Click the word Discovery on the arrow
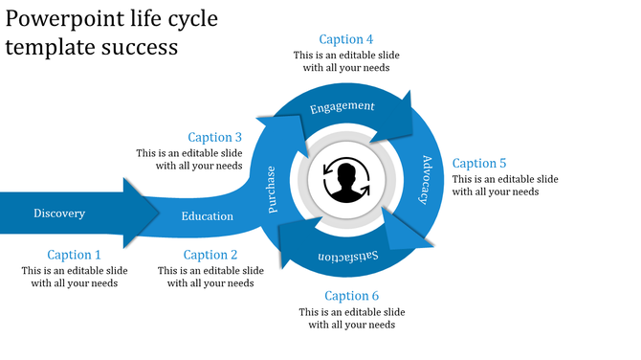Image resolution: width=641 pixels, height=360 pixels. pos(59,214)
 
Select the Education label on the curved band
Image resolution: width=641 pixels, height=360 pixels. pos(208,216)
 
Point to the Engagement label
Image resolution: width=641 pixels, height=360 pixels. pos(343,106)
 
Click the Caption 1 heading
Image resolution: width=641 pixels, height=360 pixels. pos(75,255)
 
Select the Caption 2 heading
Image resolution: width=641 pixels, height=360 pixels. pos(210,255)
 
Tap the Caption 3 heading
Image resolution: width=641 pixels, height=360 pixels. pos(215,137)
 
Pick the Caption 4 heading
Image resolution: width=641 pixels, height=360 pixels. pos(346,39)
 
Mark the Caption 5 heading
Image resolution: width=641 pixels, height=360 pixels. pos(479,163)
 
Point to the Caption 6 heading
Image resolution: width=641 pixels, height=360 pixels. pos(352,296)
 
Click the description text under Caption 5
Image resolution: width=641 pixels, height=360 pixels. pos(505,186)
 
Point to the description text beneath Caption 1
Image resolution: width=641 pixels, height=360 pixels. pos(75,277)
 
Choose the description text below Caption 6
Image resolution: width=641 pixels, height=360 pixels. pos(352,318)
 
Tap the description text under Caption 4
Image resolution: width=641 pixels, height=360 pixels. pos(346,61)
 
